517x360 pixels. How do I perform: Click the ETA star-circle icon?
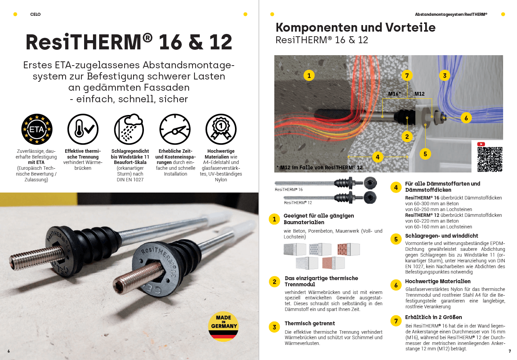pyautogui.click(x=37, y=129)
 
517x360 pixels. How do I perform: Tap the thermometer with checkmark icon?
pyautogui.click(x=83, y=129)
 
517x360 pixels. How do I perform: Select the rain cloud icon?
pyautogui.click(x=129, y=129)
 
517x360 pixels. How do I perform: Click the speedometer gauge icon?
pyautogui.click(x=175, y=129)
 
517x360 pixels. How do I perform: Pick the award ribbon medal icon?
pyautogui.click(x=221, y=129)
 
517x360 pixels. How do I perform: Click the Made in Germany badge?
pyautogui.click(x=223, y=326)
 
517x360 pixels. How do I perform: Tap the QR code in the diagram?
pyautogui.click(x=490, y=159)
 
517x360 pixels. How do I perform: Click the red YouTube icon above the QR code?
pyautogui.click(x=481, y=144)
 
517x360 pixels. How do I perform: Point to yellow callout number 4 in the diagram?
pyautogui.click(x=377, y=157)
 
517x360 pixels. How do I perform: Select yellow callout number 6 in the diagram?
pyautogui.click(x=466, y=118)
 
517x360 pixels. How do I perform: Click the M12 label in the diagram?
pyautogui.click(x=419, y=94)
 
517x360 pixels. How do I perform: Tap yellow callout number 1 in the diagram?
pyautogui.click(x=309, y=76)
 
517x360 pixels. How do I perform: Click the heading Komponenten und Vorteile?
pyautogui.click(x=355, y=27)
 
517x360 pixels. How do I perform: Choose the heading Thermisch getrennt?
pyautogui.click(x=309, y=323)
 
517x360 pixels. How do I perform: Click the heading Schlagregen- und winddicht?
pyautogui.click(x=441, y=236)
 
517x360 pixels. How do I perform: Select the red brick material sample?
pyautogui.click(x=348, y=249)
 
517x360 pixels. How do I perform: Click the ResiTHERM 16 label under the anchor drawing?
pyautogui.click(x=289, y=189)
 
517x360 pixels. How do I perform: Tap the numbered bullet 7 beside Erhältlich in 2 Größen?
pyautogui.click(x=396, y=321)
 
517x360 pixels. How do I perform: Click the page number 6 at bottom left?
pyautogui.click(x=8, y=351)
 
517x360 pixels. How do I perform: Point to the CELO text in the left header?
pyautogui.click(x=35, y=14)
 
